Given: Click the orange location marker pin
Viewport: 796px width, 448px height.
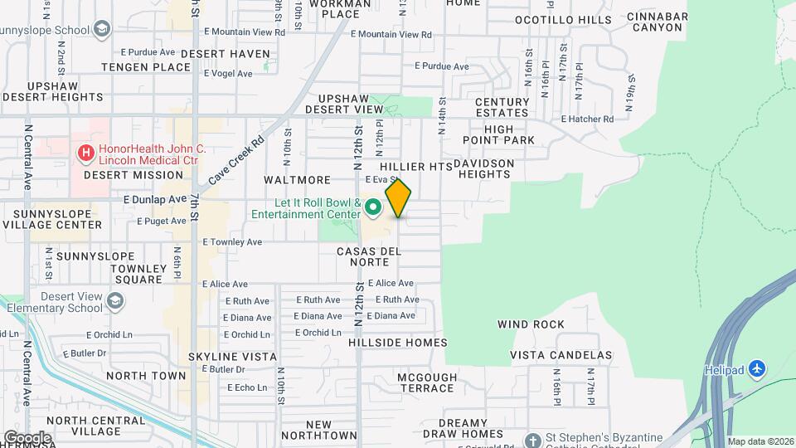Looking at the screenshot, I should [398, 197].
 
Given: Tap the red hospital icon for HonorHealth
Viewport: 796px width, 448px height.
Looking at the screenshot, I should [85, 153].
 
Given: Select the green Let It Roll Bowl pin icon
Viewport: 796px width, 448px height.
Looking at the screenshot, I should [372, 207].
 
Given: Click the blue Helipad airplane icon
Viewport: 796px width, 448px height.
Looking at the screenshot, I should [755, 368].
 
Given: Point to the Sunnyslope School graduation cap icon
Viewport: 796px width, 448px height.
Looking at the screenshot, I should [101, 31].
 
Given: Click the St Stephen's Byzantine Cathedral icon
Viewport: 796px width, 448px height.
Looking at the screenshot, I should [532, 439].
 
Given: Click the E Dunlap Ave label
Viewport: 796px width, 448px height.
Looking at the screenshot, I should [155, 199].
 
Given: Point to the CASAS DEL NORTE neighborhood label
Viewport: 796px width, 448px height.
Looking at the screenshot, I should [369, 256].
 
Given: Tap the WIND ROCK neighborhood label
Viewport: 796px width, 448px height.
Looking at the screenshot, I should [531, 324].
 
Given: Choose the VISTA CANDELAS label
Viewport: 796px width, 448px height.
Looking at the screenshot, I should [561, 355].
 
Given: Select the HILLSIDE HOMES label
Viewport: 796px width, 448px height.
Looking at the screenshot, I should [398, 343].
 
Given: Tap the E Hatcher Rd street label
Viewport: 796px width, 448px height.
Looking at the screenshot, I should [587, 119].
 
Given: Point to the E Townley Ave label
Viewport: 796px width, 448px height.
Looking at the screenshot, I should [232, 242].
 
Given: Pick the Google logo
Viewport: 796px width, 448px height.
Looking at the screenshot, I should [28, 437].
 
